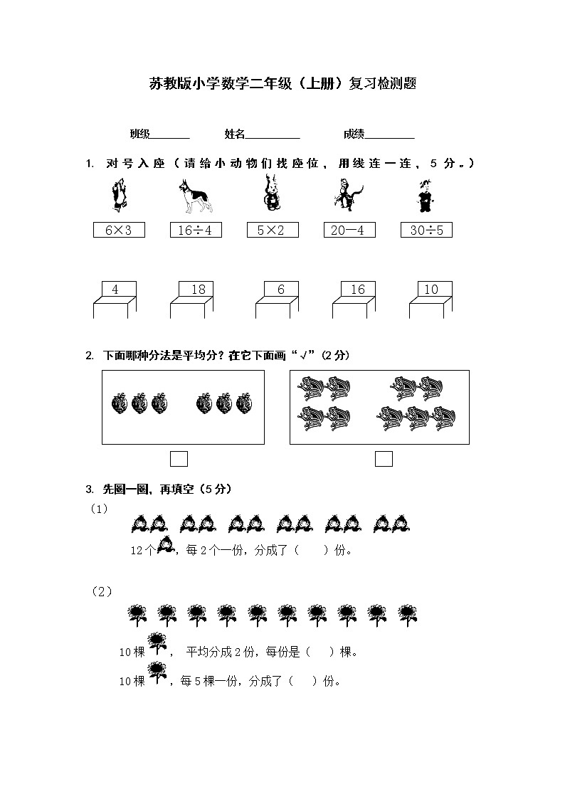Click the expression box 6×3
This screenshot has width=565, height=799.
pyautogui.click(x=119, y=230)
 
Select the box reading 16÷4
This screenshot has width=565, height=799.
pyautogui.click(x=196, y=230)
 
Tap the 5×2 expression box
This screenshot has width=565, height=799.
pyautogui.click(x=273, y=230)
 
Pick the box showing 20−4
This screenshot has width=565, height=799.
pyautogui.click(x=349, y=230)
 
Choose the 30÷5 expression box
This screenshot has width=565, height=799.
pyautogui.click(x=426, y=230)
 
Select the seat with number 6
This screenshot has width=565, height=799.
pyautogui.click(x=281, y=290)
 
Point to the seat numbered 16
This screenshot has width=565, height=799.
pyautogui.click(x=358, y=290)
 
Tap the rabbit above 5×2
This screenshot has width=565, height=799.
pyautogui.click(x=271, y=195)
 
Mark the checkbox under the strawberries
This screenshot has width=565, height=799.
pyautogui.click(x=179, y=459)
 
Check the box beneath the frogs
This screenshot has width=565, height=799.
pyautogui.click(x=384, y=459)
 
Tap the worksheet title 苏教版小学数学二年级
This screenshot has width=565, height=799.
pyautogui.click(x=282, y=83)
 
